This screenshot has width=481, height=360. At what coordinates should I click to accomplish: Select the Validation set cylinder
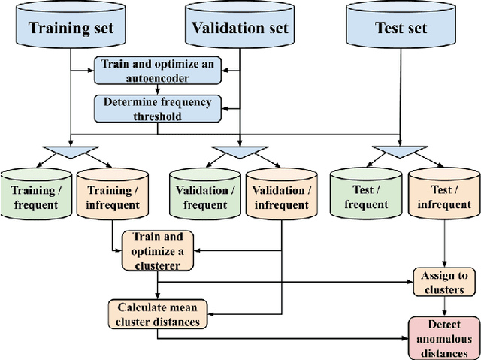[239, 29]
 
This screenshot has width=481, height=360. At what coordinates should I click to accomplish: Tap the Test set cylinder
[401, 29]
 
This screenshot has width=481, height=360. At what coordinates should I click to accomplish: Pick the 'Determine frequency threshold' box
[158, 107]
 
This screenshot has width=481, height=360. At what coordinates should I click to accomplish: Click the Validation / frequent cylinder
[204, 198]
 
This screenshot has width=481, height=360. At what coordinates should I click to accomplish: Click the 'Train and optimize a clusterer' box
[157, 250]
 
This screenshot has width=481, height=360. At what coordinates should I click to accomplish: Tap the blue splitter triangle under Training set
[70, 152]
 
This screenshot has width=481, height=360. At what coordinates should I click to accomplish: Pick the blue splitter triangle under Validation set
[239, 152]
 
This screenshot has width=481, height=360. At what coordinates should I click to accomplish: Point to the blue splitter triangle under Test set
[401, 152]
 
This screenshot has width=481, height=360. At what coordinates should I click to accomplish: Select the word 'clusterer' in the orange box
[157, 264]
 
